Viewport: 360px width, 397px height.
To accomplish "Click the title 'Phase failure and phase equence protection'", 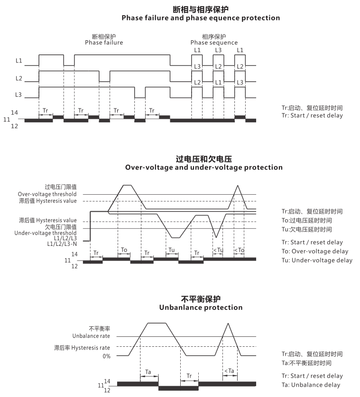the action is (201, 18).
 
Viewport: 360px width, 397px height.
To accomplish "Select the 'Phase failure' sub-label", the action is (104, 43).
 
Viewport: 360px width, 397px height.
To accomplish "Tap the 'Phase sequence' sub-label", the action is (214, 43).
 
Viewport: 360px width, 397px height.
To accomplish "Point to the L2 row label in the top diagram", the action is (19, 79).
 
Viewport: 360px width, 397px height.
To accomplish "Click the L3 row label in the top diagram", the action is (18, 95).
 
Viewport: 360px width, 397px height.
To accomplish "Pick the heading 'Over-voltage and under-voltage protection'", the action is (204, 167).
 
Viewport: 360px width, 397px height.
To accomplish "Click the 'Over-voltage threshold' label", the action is (47, 194).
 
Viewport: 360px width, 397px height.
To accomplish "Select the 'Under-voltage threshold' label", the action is (46, 233).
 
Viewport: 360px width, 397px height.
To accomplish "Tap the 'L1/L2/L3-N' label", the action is (62, 244).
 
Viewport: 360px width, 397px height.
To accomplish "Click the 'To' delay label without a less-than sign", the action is (124, 250).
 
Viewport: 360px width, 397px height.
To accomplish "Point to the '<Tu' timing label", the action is (218, 251).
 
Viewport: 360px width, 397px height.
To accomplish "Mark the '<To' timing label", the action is (240, 251).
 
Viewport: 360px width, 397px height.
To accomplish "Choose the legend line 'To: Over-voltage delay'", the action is (315, 251).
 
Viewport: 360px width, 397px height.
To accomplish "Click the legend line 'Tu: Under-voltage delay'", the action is (317, 260).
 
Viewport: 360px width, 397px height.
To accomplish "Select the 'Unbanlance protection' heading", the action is (201, 307).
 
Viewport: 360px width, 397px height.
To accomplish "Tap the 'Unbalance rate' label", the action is (91, 336).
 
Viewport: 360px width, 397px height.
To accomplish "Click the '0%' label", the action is (106, 356).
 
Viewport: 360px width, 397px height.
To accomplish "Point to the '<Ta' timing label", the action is (230, 371).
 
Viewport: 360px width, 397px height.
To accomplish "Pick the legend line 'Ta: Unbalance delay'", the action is (311, 385).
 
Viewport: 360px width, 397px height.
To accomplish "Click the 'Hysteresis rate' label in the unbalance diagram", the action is (91, 348).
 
